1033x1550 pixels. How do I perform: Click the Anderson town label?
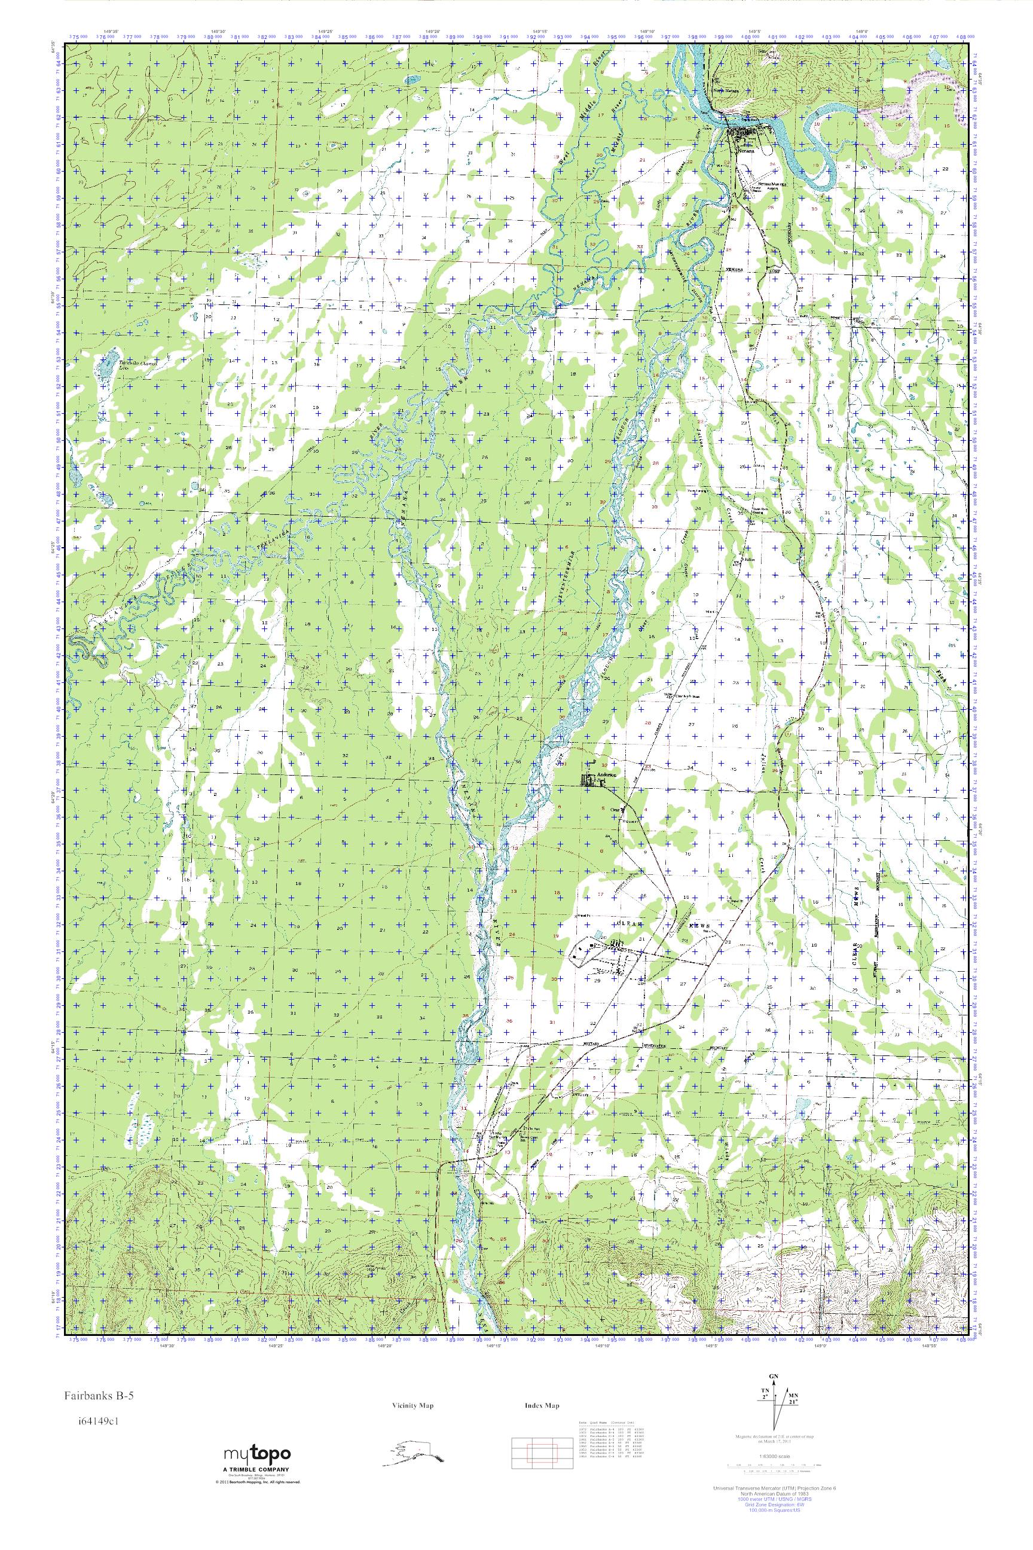606,775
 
